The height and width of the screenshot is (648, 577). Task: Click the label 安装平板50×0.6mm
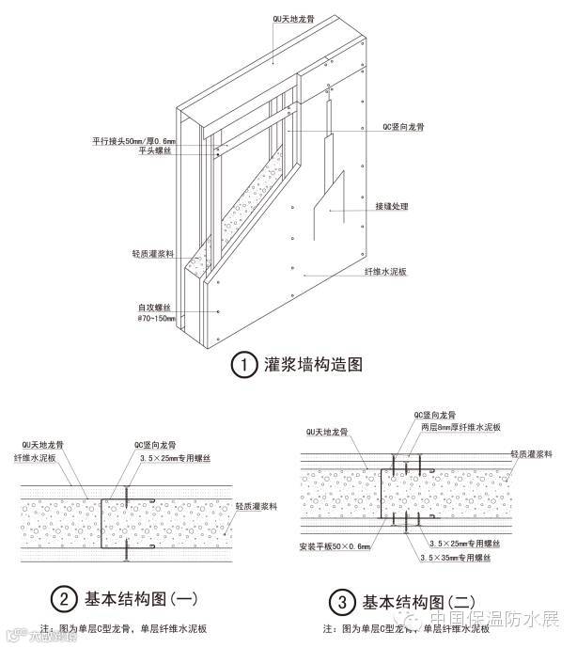[335, 546]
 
